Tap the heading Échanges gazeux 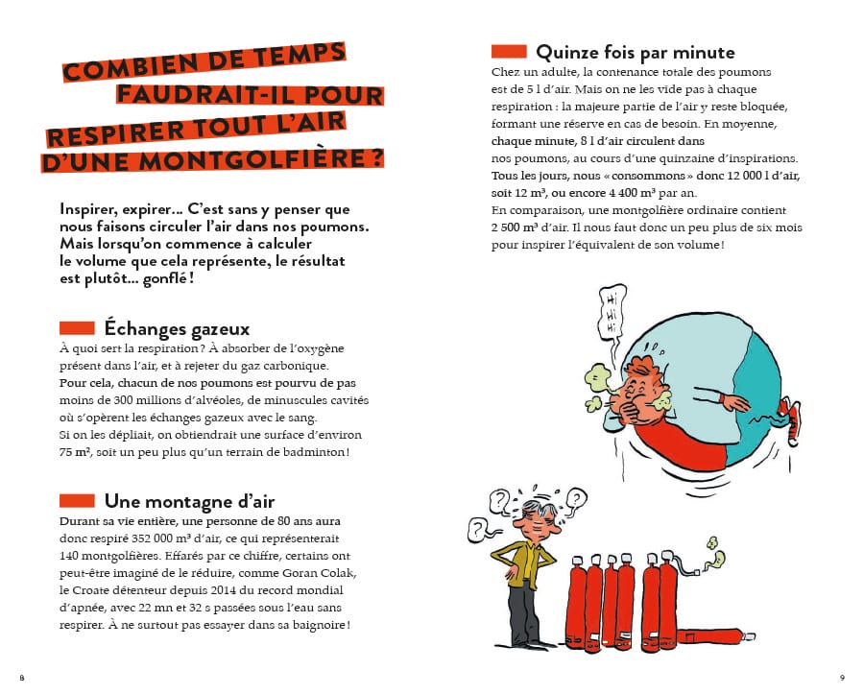point(177,329)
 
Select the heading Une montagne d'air point(189,501)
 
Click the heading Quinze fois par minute point(635,52)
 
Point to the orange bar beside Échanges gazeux point(77,328)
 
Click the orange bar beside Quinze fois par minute point(509,51)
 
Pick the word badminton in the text point(311,450)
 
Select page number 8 point(21,677)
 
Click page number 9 point(842,677)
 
